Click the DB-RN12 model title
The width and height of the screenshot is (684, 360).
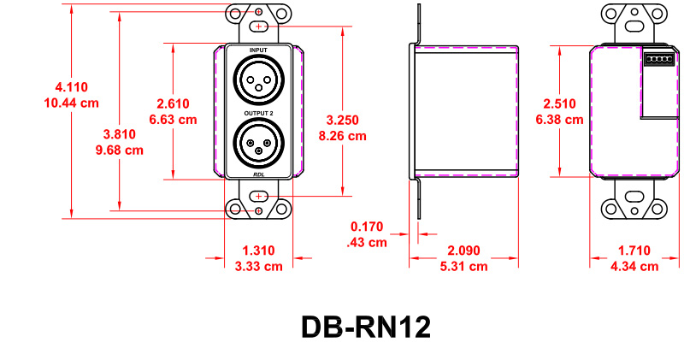coord(365,328)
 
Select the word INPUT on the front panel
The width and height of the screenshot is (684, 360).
coord(258,51)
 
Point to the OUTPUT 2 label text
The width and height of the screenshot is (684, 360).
coord(258,111)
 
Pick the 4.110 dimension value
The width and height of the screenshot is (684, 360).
coord(71,87)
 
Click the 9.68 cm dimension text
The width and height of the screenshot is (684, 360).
coord(119,150)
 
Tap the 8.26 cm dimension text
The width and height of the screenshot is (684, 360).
coord(342,136)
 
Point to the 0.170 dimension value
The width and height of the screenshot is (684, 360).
coord(368,227)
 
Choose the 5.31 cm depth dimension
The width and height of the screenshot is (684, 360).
coord(464,266)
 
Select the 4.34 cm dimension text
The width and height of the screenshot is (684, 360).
coord(634,266)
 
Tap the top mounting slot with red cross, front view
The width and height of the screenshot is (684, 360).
coord(258,27)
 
